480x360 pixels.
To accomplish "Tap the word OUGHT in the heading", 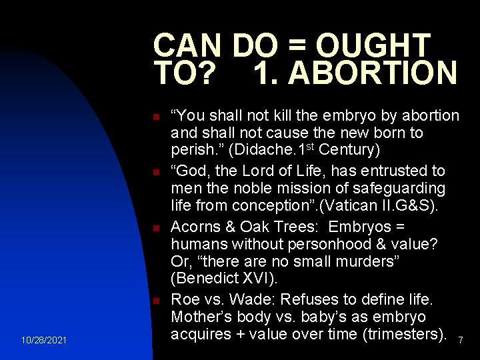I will click(373, 45).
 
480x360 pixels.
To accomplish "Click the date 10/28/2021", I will click(43, 341).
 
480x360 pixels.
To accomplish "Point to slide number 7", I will click(460, 341).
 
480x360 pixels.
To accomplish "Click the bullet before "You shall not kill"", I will click(155, 118).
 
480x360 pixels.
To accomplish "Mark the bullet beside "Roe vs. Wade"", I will click(155, 301).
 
